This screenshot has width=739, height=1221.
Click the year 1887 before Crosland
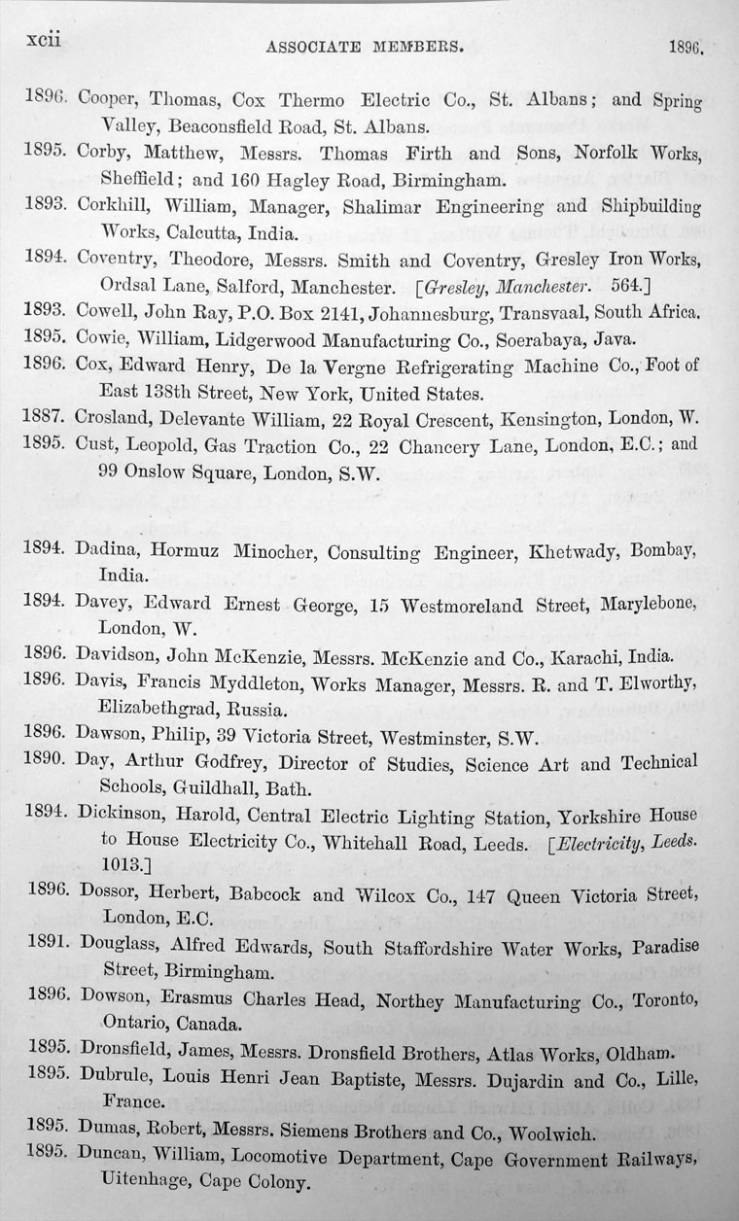coord(45,417)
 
